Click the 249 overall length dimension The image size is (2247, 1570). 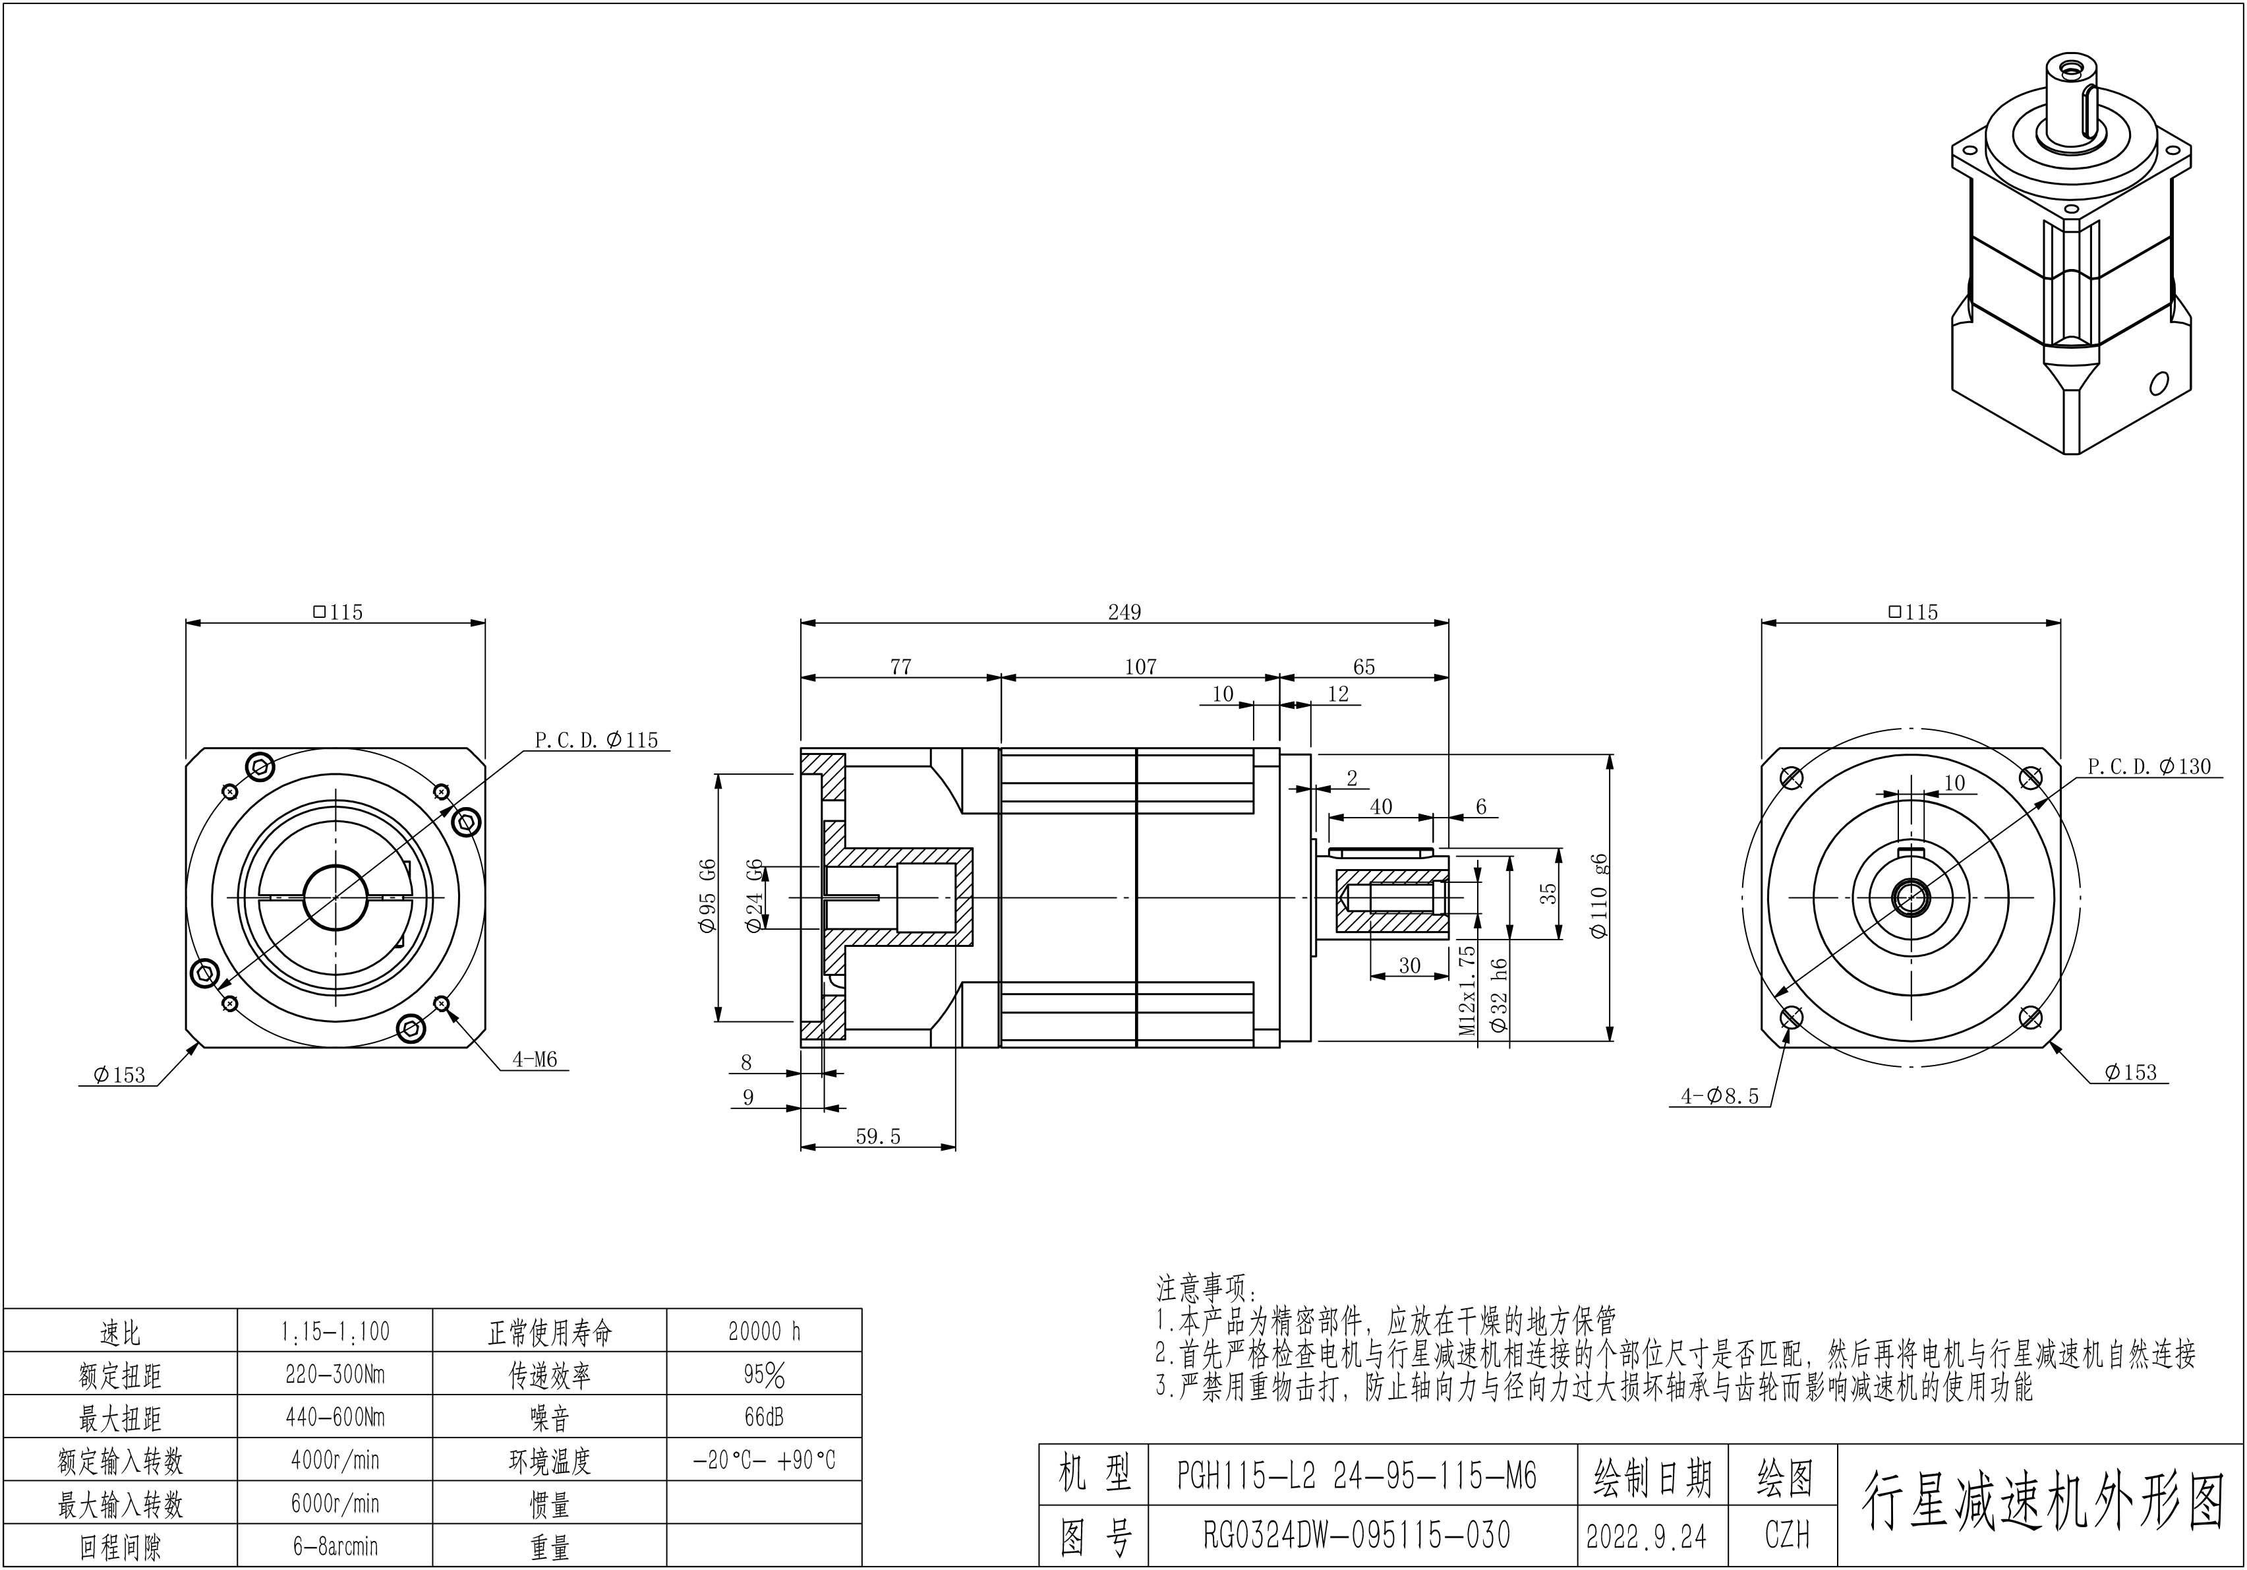(1124, 612)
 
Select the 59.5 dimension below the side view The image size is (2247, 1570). (878, 1136)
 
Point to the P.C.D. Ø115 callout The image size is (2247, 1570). (596, 740)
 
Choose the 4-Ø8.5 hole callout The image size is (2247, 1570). (1720, 1097)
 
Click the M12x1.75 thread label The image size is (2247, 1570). (1467, 990)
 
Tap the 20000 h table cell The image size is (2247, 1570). (765, 1331)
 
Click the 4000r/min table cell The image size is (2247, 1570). (335, 1461)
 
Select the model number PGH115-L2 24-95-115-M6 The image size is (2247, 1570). (1357, 1475)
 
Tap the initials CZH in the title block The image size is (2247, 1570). (1787, 1535)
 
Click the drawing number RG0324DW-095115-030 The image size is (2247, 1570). (1357, 1535)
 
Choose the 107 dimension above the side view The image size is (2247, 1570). (1140, 667)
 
